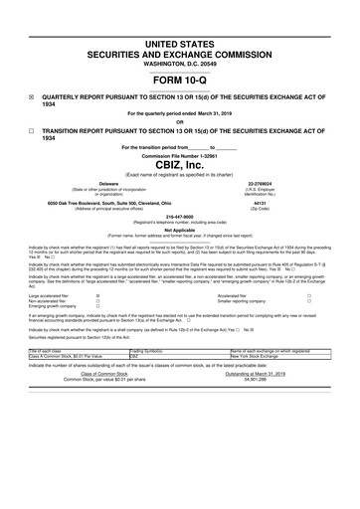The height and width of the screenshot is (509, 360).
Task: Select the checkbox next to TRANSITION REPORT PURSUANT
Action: click(x=32, y=129)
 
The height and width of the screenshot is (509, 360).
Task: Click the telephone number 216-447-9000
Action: click(x=180, y=214)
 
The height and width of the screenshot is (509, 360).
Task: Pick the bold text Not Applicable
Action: click(x=180, y=228)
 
